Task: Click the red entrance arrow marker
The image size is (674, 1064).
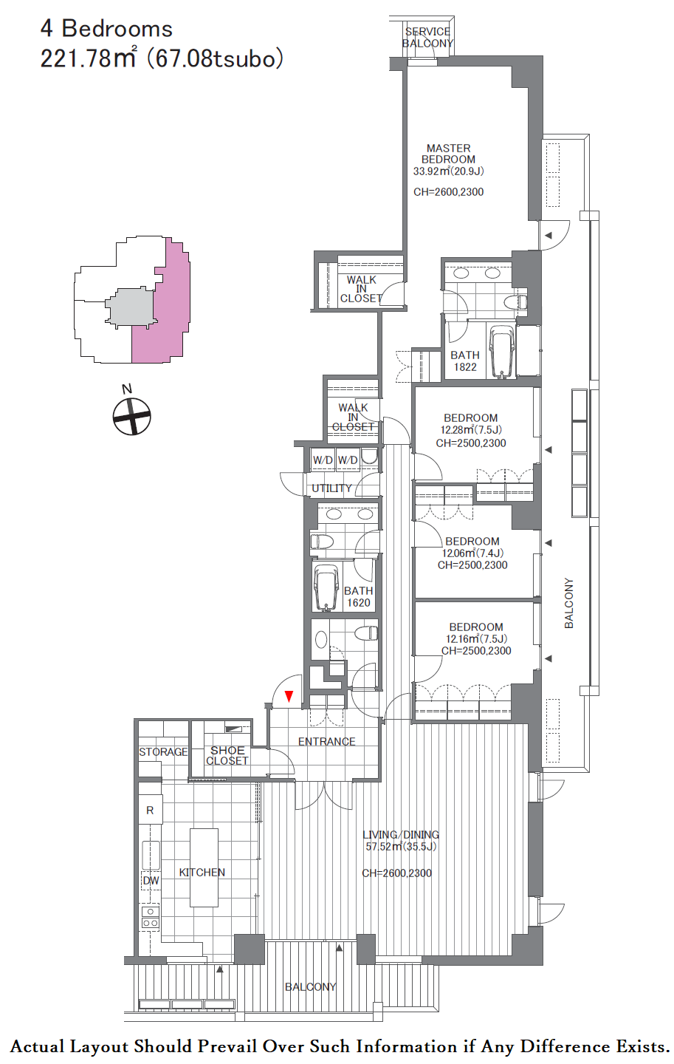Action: (289, 696)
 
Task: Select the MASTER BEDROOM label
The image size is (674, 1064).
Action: (448, 154)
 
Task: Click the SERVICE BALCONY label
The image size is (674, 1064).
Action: (427, 38)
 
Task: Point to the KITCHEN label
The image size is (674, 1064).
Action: (202, 872)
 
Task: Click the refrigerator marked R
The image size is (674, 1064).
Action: (150, 811)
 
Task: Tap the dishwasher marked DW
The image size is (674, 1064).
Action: (151, 880)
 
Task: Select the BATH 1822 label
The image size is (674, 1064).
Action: (464, 361)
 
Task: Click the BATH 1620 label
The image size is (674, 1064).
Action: (358, 596)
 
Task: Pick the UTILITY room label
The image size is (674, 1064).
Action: (331, 488)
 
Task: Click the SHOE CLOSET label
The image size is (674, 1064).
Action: (227, 755)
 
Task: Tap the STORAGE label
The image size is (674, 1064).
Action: (163, 752)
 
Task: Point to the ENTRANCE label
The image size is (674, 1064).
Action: (326, 742)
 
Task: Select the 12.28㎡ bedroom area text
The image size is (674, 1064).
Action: (471, 430)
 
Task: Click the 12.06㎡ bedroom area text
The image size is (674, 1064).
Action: (472, 553)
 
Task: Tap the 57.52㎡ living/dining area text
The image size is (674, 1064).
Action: (401, 846)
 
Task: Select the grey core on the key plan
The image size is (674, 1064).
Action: (131, 307)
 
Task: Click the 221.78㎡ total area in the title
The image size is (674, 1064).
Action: (88, 58)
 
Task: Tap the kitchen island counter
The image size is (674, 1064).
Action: (204, 867)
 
